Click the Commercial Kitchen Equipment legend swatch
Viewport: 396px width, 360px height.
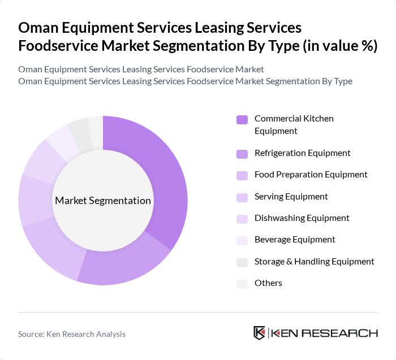tap(242, 119)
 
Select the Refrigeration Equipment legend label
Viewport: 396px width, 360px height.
tap(302, 153)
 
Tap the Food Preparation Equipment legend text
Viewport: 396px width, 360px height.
tap(311, 175)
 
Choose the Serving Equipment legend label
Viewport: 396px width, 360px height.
tap(291, 197)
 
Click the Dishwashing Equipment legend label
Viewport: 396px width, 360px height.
tap(302, 218)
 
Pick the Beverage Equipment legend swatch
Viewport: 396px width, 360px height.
tap(242, 240)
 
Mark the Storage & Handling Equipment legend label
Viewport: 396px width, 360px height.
tap(314, 262)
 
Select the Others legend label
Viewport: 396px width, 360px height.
tap(268, 283)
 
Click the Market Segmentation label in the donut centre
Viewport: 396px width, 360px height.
tap(103, 201)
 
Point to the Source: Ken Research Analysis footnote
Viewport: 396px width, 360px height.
tap(72, 334)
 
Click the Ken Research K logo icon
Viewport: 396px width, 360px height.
tap(260, 333)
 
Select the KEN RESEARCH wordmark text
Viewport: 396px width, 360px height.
tap(325, 333)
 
